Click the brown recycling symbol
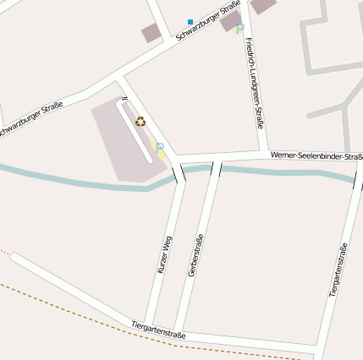coord(140,122)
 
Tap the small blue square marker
coord(190,21)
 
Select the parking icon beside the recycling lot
coord(158,150)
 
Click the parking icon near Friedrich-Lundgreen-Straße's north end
coord(239,30)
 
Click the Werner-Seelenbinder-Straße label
coord(316,155)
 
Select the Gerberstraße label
coord(196,255)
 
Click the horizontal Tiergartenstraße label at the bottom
coord(158,330)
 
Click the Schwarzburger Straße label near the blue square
coord(208,20)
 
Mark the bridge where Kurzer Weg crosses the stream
coord(179,173)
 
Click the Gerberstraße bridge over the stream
coord(216,169)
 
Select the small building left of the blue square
coord(151,33)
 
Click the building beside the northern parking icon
coord(230,20)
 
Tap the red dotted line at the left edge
coord(5,252)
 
